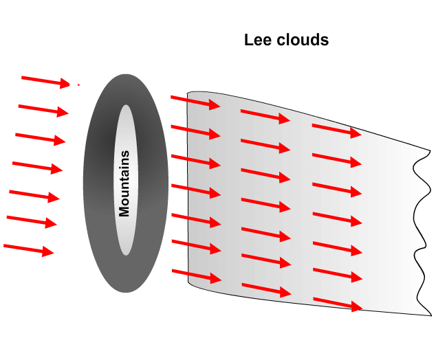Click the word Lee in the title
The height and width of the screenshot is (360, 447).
click(x=257, y=40)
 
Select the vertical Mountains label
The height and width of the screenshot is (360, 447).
click(x=124, y=183)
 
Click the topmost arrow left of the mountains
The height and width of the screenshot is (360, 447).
click(x=46, y=82)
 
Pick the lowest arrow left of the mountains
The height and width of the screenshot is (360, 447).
click(x=28, y=249)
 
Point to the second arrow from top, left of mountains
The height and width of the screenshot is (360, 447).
click(x=43, y=110)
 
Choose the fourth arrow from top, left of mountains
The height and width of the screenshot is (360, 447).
click(x=37, y=167)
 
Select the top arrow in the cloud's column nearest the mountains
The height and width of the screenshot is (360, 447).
click(x=195, y=102)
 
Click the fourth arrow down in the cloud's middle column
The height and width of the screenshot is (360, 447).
click(x=265, y=204)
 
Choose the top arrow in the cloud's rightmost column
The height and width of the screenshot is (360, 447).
click(x=336, y=130)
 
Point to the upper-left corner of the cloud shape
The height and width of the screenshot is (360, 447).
click(x=188, y=93)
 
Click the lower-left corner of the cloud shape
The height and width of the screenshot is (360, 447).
click(x=190, y=283)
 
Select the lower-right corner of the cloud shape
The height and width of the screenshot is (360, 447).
click(x=431, y=315)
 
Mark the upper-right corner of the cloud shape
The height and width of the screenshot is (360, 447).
click(x=430, y=150)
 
